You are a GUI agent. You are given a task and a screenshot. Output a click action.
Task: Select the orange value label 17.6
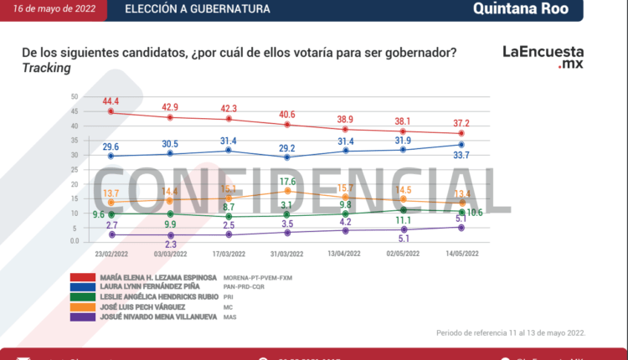pos(288,182)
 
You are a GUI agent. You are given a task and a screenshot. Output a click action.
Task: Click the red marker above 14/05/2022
pos(461,134)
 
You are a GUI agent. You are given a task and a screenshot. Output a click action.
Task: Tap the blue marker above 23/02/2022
pos(111,156)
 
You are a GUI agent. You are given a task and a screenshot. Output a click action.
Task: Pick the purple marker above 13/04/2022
pos(345,231)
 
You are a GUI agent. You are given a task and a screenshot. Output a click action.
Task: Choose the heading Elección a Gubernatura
pos(198,9)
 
